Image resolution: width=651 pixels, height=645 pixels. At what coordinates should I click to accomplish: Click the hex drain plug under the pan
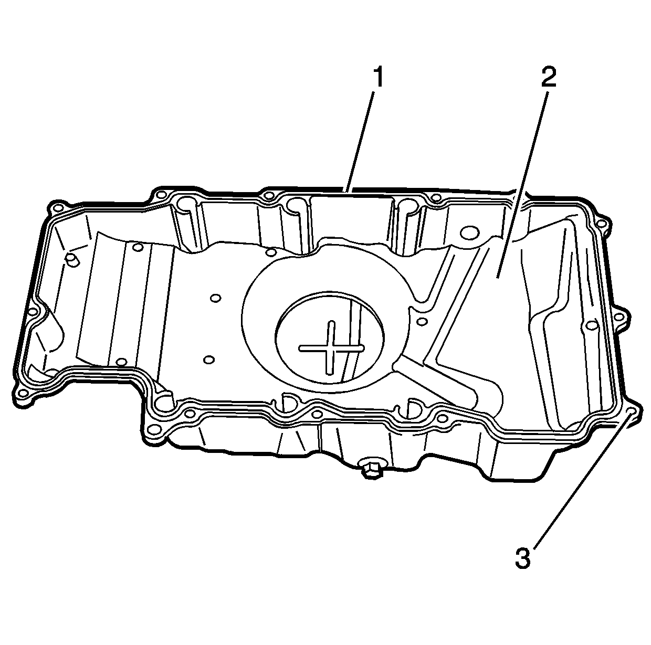[x=371, y=469]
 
